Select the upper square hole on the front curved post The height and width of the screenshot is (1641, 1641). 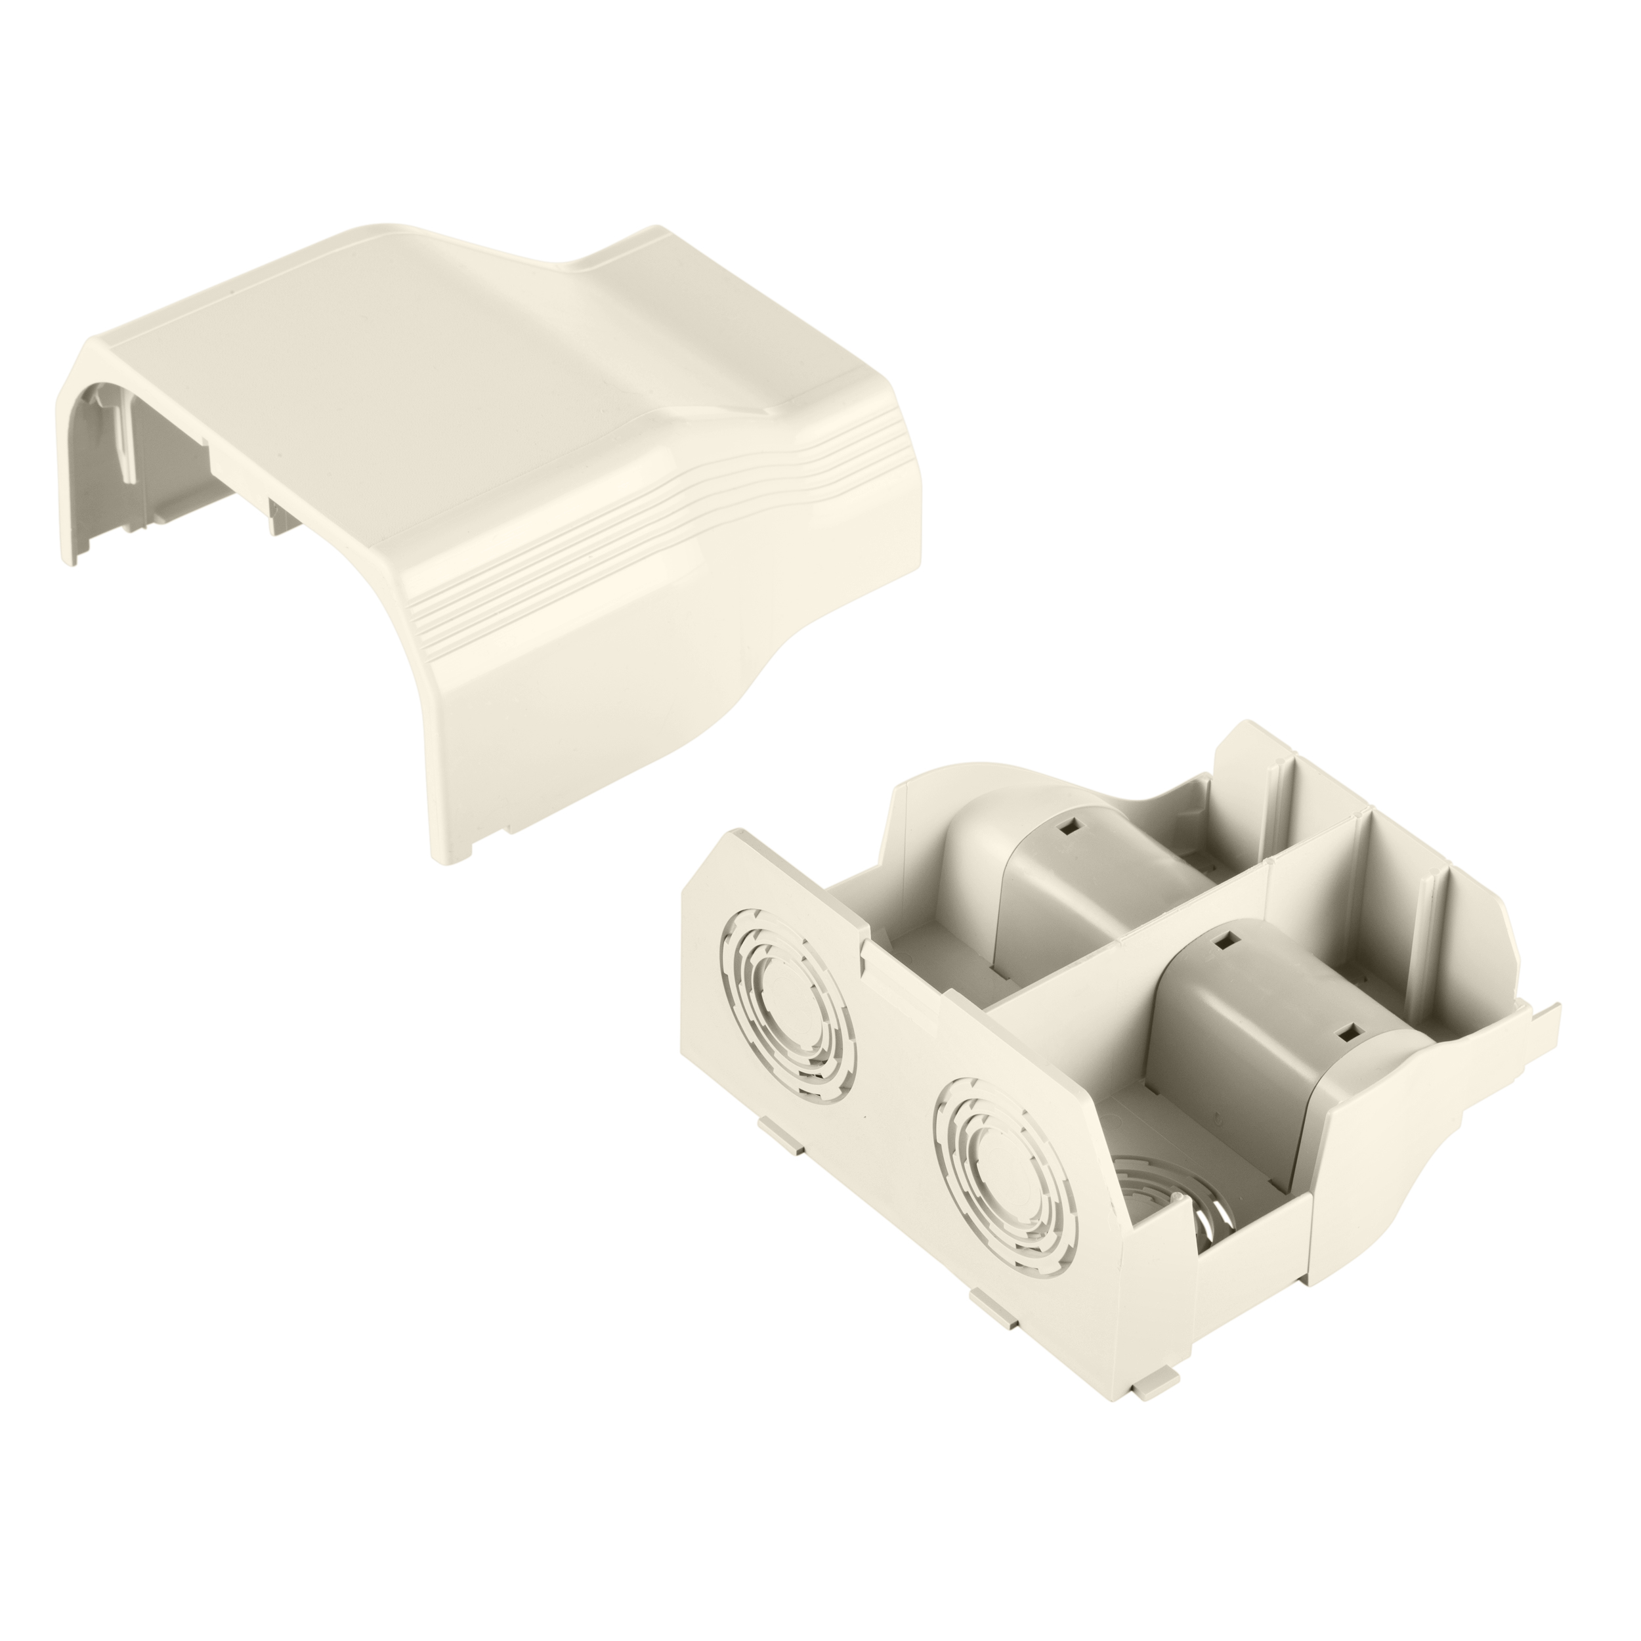[x=1225, y=940]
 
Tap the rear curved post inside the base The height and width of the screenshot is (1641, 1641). [x=1054, y=884]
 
